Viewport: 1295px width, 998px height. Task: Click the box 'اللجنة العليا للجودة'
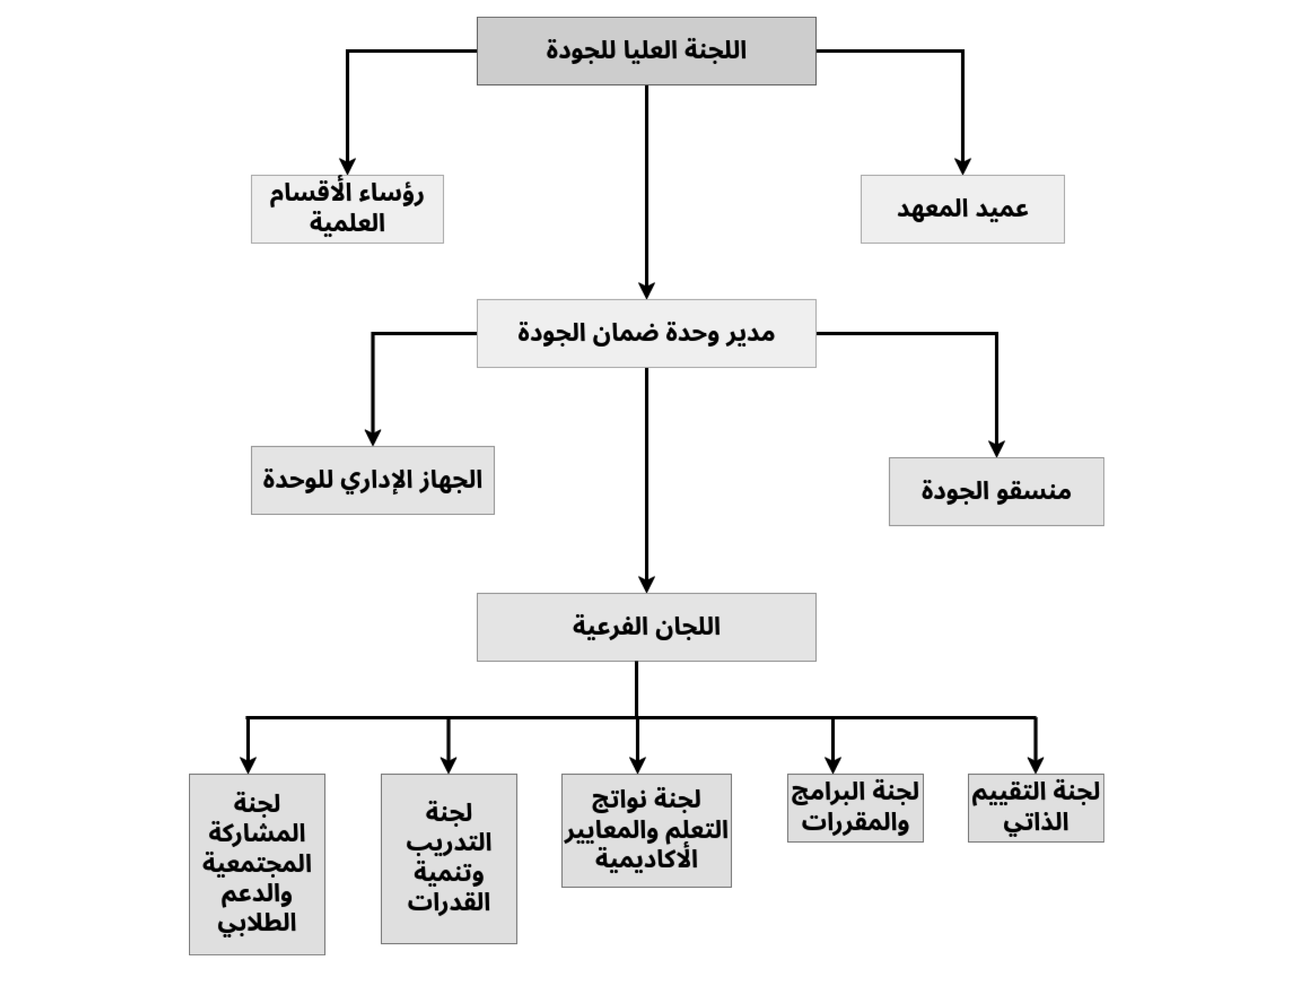pyautogui.click(x=646, y=51)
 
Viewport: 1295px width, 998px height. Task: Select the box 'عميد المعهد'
pyautogui.click(x=962, y=209)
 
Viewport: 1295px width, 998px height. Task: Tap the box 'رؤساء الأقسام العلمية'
pyautogui.click(x=347, y=209)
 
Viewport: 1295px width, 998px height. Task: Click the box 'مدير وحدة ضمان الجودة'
pyautogui.click(x=646, y=333)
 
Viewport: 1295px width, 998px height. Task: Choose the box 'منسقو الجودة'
pyautogui.click(x=996, y=491)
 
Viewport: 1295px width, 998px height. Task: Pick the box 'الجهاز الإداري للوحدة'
pyautogui.click(x=372, y=480)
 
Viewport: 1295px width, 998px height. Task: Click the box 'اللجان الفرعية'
pyautogui.click(x=646, y=627)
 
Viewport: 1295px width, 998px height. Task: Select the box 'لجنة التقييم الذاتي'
pyautogui.click(x=1036, y=807)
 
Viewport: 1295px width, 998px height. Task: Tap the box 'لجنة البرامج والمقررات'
pyautogui.click(x=855, y=807)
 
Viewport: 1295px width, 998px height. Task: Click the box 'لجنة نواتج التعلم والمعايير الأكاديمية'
pyautogui.click(x=646, y=830)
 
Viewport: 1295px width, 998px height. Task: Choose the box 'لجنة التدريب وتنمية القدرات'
pyautogui.click(x=449, y=859)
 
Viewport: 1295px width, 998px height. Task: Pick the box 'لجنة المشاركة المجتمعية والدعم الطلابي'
pyautogui.click(x=257, y=864)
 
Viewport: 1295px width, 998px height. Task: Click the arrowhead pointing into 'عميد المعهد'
pyautogui.click(x=962, y=167)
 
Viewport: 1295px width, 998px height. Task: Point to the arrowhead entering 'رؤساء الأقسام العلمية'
pyautogui.click(x=347, y=167)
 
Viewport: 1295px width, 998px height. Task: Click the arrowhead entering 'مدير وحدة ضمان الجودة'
pyautogui.click(x=646, y=291)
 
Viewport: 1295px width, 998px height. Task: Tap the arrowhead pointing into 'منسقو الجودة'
pyautogui.click(x=997, y=449)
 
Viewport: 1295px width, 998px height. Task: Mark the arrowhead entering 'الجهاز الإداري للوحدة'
pyautogui.click(x=372, y=438)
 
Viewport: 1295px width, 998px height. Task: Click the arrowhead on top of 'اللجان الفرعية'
pyautogui.click(x=646, y=585)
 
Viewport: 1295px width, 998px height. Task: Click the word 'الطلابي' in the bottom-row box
pyautogui.click(x=257, y=923)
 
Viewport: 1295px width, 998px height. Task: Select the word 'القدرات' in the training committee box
pyautogui.click(x=449, y=902)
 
